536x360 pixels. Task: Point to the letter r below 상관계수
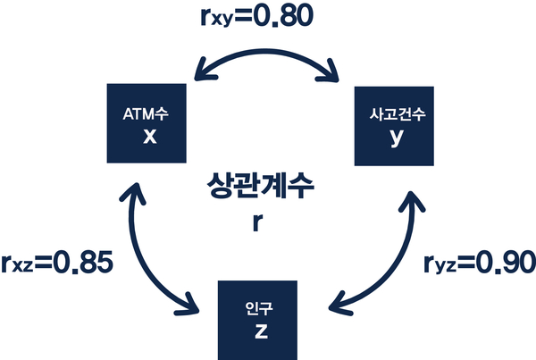[257, 223]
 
